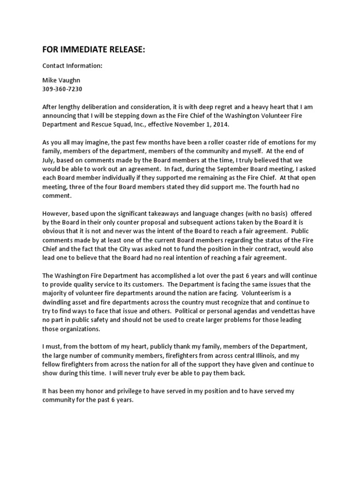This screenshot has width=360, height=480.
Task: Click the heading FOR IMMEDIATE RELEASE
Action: point(94,49)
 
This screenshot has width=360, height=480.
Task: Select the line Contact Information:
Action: point(72,66)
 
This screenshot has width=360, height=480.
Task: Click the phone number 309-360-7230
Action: point(62,89)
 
